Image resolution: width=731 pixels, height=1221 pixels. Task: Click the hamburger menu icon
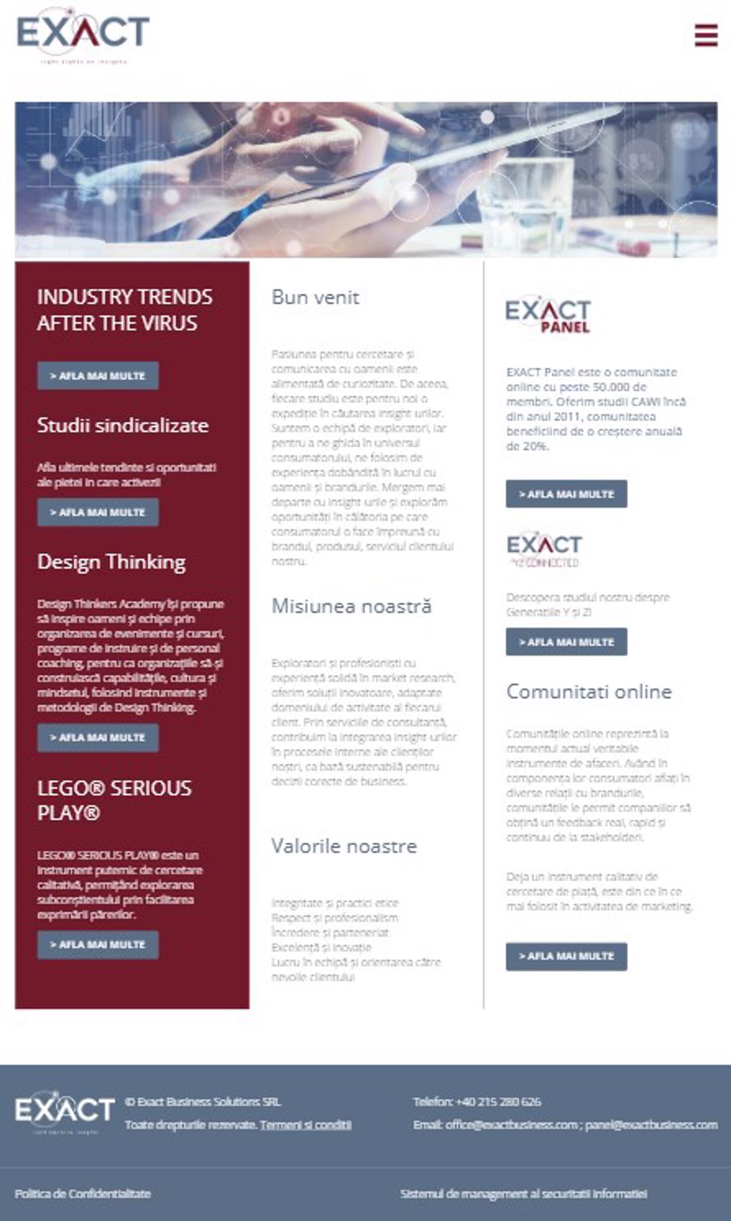705,35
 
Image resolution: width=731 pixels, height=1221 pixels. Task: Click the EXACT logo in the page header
83,35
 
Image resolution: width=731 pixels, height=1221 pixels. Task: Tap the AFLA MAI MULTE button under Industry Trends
98,376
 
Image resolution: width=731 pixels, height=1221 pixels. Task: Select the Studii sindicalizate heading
123,425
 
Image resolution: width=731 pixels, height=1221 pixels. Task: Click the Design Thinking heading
112,562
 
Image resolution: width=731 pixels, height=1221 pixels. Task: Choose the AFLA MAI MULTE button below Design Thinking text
98,737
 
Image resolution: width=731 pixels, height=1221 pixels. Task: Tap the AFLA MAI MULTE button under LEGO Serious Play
98,945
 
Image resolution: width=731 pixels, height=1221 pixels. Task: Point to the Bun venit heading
315,297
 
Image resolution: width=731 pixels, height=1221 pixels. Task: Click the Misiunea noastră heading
351,606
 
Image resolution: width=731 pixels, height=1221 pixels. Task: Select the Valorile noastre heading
344,847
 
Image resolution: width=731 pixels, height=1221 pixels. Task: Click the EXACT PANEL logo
548,315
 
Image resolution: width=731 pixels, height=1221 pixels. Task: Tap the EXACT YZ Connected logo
544,549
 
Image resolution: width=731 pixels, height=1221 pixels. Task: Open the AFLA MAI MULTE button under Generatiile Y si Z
567,642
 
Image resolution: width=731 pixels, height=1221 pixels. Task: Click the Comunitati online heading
589,691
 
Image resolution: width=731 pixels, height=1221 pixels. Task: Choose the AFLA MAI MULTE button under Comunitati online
567,956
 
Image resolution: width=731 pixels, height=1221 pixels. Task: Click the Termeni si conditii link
305,1125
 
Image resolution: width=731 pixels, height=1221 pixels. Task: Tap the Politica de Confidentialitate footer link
83,1193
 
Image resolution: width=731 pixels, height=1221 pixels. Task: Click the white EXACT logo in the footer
65,1111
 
